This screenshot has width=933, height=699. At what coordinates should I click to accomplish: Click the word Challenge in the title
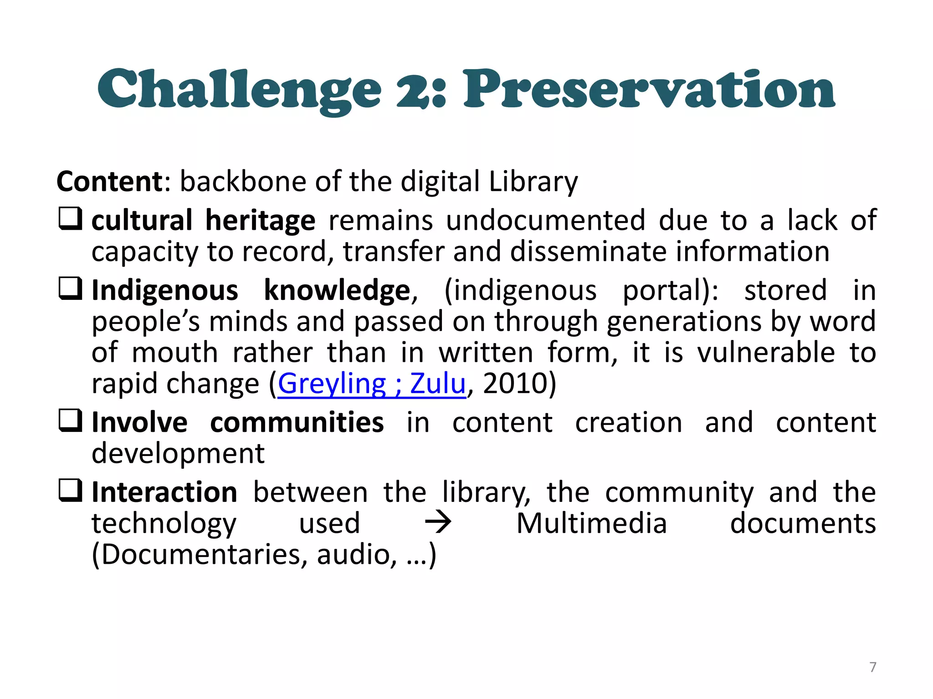click(x=239, y=90)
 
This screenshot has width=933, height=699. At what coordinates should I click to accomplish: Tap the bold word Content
click(x=109, y=181)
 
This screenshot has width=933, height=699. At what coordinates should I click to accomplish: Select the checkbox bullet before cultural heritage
click(x=71, y=219)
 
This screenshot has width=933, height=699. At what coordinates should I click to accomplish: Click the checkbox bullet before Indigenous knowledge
click(x=71, y=289)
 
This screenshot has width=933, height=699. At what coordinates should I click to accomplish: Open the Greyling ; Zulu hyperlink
click(x=372, y=384)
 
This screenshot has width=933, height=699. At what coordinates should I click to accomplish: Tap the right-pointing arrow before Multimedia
click(x=438, y=523)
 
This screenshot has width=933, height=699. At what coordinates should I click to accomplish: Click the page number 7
click(x=873, y=667)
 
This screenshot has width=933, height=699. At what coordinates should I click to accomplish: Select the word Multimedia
click(x=591, y=523)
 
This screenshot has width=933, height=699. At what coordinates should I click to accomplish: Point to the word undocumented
click(x=545, y=220)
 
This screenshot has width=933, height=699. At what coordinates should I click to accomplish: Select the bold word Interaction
click(x=164, y=492)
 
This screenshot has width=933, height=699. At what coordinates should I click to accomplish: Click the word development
click(x=178, y=453)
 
